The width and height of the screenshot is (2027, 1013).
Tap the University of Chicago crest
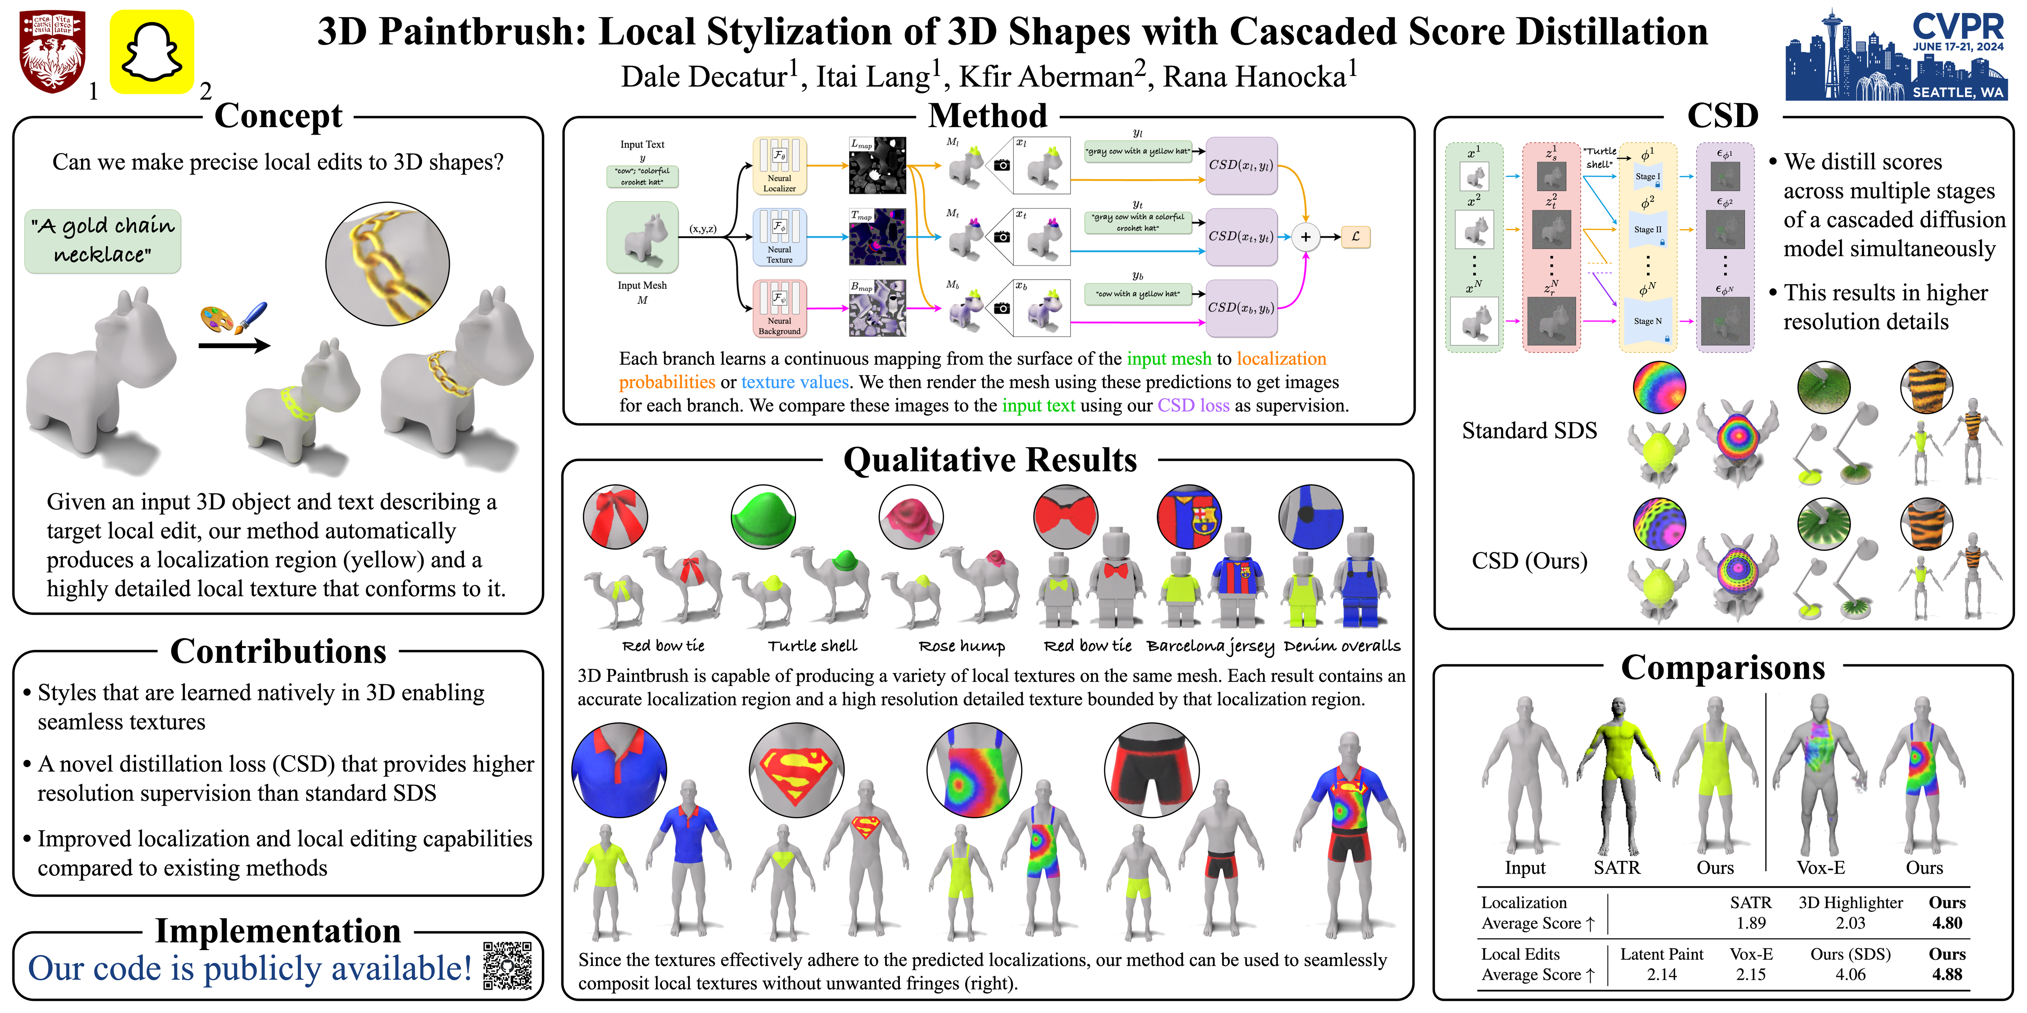point(52,52)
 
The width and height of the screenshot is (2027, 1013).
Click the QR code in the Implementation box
point(508,965)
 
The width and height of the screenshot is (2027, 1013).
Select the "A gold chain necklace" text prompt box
point(103,241)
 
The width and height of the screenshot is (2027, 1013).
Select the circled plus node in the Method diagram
point(1305,237)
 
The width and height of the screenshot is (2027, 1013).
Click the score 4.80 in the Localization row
point(1947,923)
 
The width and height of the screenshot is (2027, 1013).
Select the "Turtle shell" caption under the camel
point(812,647)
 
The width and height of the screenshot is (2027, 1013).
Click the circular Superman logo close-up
point(796,770)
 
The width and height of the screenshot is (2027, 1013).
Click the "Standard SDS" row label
point(1529,431)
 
